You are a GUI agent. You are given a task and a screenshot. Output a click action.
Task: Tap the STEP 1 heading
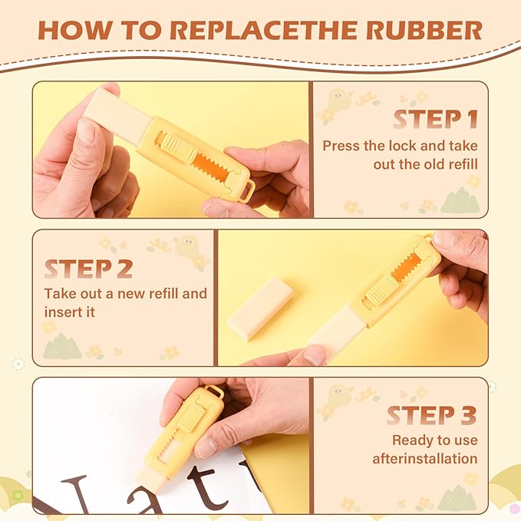[436, 119]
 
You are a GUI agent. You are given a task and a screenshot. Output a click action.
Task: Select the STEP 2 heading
[89, 269]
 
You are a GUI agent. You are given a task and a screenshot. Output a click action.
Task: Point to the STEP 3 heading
[432, 415]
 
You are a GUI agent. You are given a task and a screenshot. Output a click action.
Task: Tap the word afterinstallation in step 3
[425, 459]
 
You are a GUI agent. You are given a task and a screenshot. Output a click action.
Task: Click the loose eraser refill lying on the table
[260, 305]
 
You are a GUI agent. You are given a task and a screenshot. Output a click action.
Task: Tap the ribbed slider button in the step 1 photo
[180, 147]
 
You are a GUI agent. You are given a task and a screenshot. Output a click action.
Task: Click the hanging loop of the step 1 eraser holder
[246, 190]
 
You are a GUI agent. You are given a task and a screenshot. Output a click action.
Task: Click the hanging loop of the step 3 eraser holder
[213, 391]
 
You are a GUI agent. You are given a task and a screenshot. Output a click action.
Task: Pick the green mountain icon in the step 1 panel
[460, 200]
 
